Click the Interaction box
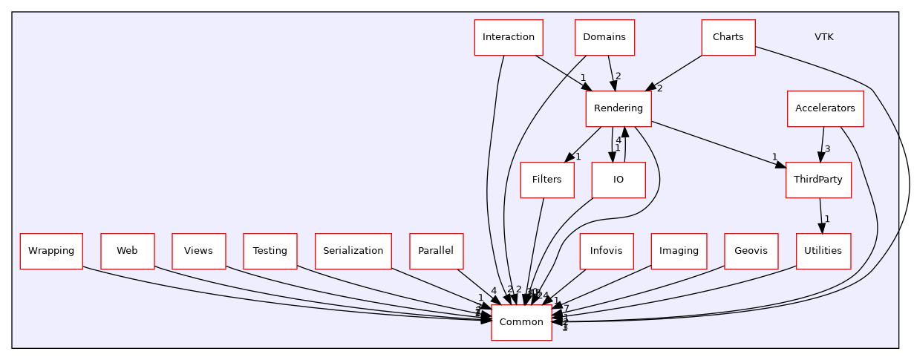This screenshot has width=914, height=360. tap(509, 37)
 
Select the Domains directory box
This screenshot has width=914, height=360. tap(604, 37)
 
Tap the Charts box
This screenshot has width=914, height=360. tap(728, 37)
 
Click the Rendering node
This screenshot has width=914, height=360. tap(618, 108)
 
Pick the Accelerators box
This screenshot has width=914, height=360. tap(825, 108)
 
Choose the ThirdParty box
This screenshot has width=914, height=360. tap(818, 180)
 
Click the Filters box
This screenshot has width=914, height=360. tap(547, 180)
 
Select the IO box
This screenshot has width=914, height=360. tap(618, 180)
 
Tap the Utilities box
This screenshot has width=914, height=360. tap(823, 251)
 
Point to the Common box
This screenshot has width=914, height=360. tap(521, 322)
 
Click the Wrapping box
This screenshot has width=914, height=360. tap(51, 251)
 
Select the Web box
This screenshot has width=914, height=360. tap(127, 251)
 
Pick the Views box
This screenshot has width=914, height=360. tap(198, 251)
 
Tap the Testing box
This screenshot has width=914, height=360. tap(270, 251)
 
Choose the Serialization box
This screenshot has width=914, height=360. tap(353, 251)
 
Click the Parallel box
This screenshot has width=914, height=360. tap(436, 251)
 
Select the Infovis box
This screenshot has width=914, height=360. tap(607, 251)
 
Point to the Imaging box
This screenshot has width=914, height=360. tap(679, 251)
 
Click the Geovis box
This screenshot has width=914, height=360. tap(751, 251)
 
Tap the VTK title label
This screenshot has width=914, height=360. tap(823, 37)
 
